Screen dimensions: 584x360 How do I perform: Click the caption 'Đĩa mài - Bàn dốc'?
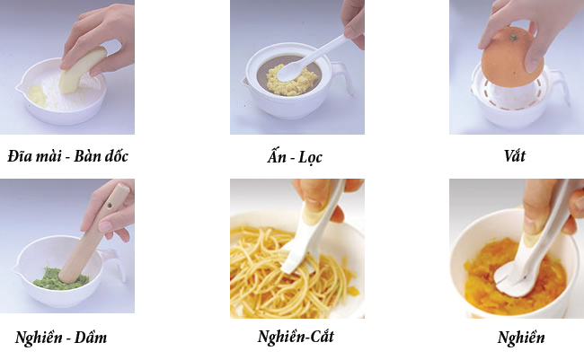[67, 156]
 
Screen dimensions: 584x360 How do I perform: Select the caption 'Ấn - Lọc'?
[295, 157]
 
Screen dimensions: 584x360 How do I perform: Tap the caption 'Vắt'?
[514, 155]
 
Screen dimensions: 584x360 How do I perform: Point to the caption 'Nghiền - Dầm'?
[61, 338]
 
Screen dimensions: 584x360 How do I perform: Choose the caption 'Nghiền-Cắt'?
[296, 336]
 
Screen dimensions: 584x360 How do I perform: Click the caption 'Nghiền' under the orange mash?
[521, 338]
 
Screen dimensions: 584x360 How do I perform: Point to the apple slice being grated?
[83, 70]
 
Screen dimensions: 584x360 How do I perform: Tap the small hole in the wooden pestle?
[110, 205]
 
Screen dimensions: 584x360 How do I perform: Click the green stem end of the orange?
[514, 38]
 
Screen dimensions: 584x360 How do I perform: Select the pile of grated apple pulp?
[38, 96]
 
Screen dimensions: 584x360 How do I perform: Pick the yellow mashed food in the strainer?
[291, 81]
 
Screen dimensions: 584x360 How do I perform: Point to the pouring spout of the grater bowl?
[19, 89]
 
